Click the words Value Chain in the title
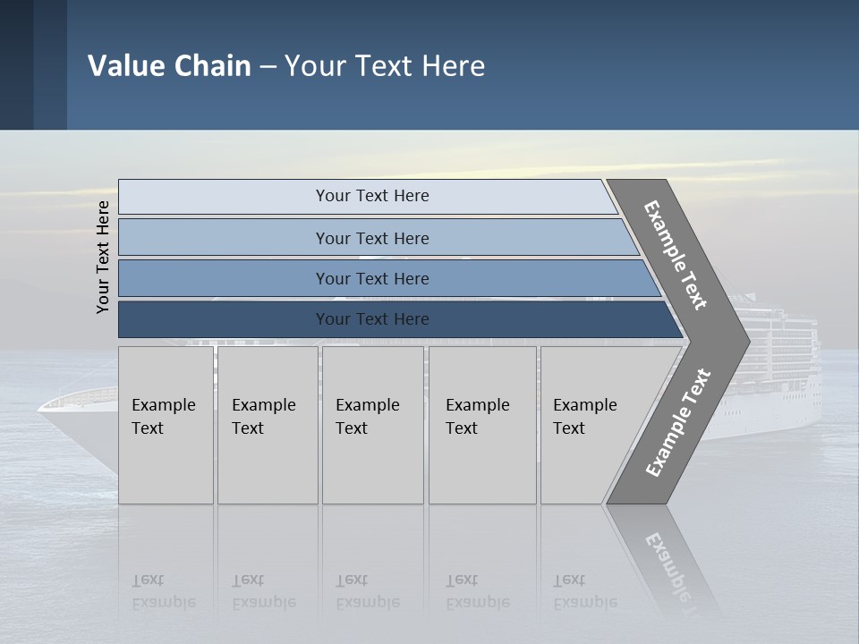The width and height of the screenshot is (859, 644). point(169,66)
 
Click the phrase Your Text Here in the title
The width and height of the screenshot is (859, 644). point(385,66)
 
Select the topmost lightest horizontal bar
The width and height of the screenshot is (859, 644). point(367,196)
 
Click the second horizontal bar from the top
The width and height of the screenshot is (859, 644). point(372,238)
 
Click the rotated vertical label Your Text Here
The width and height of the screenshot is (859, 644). point(103,257)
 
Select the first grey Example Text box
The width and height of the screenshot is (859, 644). point(166,424)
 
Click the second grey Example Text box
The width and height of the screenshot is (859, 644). point(267,424)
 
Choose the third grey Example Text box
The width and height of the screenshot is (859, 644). point(372,424)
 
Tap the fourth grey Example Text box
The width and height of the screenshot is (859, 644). point(481,424)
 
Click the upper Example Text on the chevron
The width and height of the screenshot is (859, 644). point(676,255)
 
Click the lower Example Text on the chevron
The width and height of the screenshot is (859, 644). point(678,422)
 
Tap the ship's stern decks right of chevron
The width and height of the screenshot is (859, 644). point(787,358)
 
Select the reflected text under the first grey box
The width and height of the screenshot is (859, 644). point(163,591)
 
